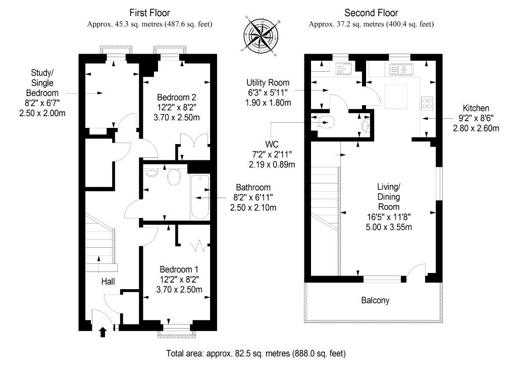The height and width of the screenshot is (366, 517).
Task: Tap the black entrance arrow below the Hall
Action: (x=103, y=332)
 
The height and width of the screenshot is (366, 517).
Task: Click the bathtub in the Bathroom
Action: (x=200, y=197)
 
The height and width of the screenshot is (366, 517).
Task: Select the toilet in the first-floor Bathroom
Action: (x=174, y=176)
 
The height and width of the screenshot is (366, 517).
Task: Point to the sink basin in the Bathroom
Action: (x=151, y=172)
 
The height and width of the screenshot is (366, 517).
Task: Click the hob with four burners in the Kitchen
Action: (x=427, y=103)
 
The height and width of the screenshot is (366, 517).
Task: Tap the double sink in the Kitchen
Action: (x=401, y=70)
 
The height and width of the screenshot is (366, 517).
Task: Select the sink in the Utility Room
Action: (x=343, y=69)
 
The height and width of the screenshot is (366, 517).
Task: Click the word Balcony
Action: (x=375, y=300)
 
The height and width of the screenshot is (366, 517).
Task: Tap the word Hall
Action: (x=108, y=282)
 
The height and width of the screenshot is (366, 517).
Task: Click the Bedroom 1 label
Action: (x=179, y=269)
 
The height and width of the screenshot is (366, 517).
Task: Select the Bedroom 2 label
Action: (x=176, y=98)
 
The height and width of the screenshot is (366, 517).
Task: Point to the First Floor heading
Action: (x=149, y=13)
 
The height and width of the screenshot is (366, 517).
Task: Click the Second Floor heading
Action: (x=371, y=13)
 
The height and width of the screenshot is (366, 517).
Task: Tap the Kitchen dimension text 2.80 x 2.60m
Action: (x=476, y=128)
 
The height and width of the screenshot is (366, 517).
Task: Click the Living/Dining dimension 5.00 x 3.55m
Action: (x=389, y=227)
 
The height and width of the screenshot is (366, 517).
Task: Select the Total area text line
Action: (x=256, y=354)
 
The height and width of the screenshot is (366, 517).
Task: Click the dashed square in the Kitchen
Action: (x=396, y=97)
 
